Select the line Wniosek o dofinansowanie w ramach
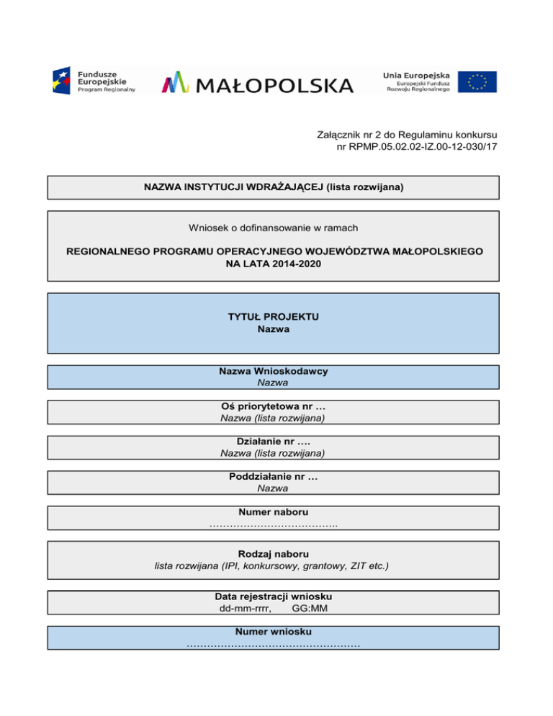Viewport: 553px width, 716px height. click(x=273, y=228)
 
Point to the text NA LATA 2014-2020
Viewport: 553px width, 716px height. click(x=273, y=264)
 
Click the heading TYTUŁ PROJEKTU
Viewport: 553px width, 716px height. click(x=273, y=316)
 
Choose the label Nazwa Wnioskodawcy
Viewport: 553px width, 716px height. click(x=273, y=372)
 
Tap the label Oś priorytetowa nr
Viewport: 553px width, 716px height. click(x=269, y=406)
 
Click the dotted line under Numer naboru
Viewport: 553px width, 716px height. click(x=273, y=524)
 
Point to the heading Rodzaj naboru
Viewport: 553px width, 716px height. click(x=273, y=554)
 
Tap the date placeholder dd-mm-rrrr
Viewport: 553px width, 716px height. click(x=245, y=608)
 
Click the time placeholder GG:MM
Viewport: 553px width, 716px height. click(x=310, y=608)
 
